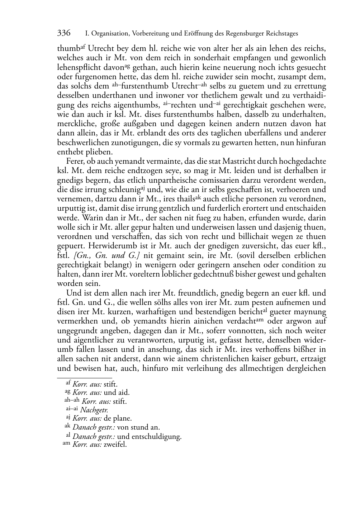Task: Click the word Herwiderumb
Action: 118,246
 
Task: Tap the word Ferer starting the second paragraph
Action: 74,161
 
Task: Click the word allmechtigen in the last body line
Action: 267,368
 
